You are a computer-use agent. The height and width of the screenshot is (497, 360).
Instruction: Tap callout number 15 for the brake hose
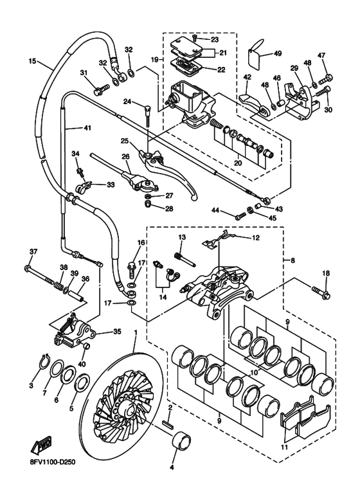coord(33,60)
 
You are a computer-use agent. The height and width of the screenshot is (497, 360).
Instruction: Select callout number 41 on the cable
coord(87,128)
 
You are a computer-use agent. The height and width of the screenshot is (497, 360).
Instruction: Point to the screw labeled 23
coord(195,39)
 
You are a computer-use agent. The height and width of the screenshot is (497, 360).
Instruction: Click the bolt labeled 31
coord(102,89)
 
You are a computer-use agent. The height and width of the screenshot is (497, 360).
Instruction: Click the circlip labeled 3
coord(44,361)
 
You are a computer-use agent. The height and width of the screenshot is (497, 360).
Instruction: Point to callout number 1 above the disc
coord(136,332)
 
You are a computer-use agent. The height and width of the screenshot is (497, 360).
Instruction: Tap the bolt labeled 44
coord(240,216)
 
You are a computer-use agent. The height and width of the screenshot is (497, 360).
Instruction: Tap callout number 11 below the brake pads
coord(285,447)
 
